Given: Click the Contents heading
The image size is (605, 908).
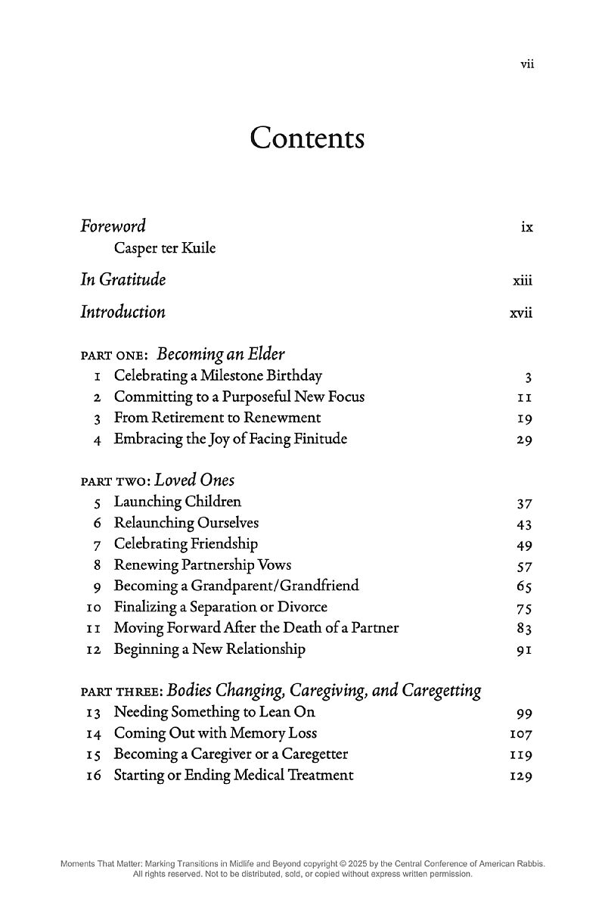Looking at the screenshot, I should coord(307,138).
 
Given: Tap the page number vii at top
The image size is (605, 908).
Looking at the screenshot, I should coord(527,64).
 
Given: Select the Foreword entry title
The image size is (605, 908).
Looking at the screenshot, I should coord(113,225).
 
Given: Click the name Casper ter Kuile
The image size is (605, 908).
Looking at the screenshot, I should coord(164,248).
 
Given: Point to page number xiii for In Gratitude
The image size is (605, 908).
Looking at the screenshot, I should coord(522,281).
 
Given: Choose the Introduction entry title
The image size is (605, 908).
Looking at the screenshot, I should coord(123,312).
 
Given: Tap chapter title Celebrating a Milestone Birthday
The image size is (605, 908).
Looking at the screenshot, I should coord(218,375).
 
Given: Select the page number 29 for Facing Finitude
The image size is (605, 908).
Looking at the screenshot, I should coord(525,440).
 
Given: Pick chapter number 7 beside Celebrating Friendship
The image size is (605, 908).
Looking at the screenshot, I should coord(98,544).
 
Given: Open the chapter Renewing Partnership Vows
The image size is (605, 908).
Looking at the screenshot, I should coord(202,565).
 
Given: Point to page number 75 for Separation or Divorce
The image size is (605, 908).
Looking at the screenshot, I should coord(525,608).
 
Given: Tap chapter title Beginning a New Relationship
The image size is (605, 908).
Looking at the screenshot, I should coord(209,648).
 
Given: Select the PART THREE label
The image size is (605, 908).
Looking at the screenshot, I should coord(121,692).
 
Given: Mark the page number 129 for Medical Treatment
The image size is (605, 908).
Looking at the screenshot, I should coord(522,776).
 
